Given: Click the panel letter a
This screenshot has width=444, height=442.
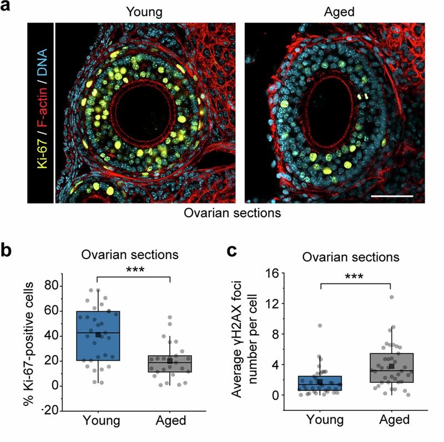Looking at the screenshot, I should [x=7, y=10].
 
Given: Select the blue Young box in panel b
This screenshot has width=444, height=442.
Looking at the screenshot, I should [x=98, y=336].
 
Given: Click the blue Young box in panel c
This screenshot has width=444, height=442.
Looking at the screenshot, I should [x=320, y=383].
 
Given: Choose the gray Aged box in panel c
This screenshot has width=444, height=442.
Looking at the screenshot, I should [x=391, y=367].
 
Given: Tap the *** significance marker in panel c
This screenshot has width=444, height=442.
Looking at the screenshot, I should [x=356, y=276].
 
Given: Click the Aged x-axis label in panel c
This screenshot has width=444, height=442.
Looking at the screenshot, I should [x=391, y=420].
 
